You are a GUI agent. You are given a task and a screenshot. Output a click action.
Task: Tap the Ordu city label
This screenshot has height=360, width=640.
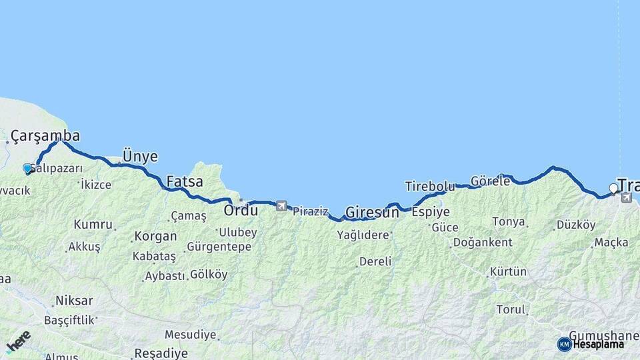pos(241,211)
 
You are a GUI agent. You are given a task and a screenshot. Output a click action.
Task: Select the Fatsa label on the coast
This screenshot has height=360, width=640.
pos(185,181)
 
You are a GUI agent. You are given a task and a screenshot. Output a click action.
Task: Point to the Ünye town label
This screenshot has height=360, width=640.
pos(140,157)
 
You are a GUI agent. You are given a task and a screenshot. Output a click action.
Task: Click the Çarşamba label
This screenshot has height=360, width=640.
pos(45,136)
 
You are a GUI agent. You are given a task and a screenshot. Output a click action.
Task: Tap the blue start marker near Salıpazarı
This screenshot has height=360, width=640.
pos(27,169)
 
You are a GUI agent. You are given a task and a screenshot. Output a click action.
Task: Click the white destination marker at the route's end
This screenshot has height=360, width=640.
pos(613,189)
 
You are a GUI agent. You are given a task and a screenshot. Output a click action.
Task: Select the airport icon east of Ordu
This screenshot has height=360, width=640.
pos(281,206)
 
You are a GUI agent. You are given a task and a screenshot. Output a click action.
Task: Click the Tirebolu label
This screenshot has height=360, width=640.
pos(429,186)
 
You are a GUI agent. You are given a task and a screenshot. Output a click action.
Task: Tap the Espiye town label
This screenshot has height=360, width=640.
pos(431,212)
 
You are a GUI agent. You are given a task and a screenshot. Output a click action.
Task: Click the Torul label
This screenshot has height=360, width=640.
pos(511,309)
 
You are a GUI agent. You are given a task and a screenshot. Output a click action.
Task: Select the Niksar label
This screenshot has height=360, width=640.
pos(74,301)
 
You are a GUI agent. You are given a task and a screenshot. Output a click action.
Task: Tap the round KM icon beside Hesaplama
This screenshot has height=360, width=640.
pos(564,344)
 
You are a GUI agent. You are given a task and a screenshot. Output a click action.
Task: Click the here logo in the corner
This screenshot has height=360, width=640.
pos(18,342)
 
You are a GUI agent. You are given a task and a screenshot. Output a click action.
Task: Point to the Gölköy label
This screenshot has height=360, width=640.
pos(209,275)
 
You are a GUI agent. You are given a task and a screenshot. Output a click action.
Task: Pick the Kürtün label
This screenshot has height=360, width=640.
pos(508,272)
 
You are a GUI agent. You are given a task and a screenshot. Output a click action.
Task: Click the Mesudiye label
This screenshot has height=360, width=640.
pos(191,334)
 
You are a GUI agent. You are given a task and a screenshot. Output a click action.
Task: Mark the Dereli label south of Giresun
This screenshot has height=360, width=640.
pos(375,261)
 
